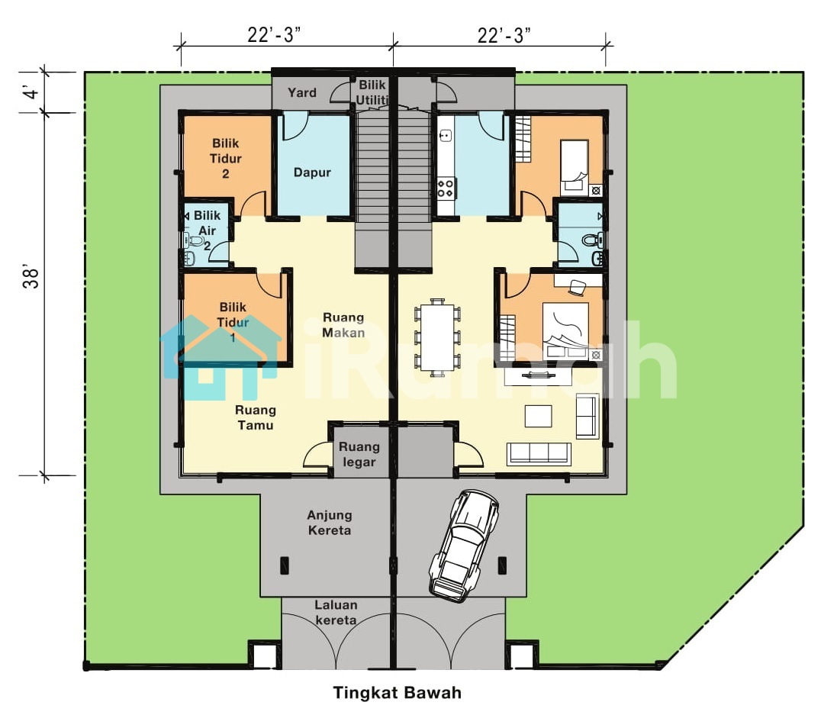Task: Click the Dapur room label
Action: [x=312, y=172]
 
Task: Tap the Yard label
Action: [x=302, y=93]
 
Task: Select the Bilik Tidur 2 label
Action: [x=225, y=158]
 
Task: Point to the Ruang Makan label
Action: [x=343, y=324]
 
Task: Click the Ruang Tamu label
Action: [x=255, y=417]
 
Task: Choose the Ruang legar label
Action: [x=359, y=455]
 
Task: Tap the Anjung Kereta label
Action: [x=330, y=523]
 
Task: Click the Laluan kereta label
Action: [x=336, y=613]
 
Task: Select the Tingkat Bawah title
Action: [x=398, y=693]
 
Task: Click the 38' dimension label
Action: [x=31, y=279]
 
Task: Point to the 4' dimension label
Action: [x=31, y=92]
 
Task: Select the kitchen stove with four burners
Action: [x=446, y=188]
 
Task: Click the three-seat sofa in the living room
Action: [x=539, y=453]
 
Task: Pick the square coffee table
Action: [x=538, y=416]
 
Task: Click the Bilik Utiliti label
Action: [x=372, y=92]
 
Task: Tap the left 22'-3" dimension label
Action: [x=275, y=35]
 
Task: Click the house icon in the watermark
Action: [x=221, y=358]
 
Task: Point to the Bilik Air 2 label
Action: [x=207, y=230]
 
